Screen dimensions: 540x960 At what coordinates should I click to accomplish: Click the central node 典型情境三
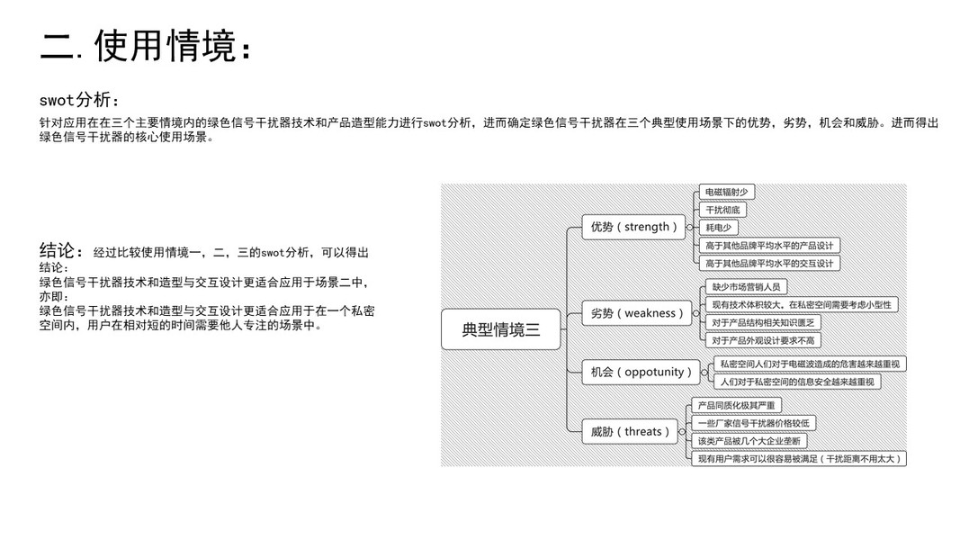[500, 329]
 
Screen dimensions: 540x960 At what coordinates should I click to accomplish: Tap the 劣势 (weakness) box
[636, 313]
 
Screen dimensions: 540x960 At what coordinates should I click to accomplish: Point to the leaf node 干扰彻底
[722, 210]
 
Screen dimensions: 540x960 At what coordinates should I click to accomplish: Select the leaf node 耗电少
[719, 227]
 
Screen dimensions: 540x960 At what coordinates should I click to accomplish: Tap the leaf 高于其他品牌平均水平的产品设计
[769, 245]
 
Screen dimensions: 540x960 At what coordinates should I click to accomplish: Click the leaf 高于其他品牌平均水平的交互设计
[769, 263]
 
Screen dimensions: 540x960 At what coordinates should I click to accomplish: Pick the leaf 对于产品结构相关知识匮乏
[762, 322]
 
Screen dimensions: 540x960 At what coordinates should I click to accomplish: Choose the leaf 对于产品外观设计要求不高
[762, 340]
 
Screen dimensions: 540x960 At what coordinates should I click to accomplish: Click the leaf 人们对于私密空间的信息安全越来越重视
[797, 382]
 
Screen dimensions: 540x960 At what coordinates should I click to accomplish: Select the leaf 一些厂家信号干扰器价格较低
[753, 423]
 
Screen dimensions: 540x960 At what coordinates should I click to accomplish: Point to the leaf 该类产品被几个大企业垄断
[749, 441]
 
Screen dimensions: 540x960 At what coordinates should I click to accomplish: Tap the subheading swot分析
[79, 100]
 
